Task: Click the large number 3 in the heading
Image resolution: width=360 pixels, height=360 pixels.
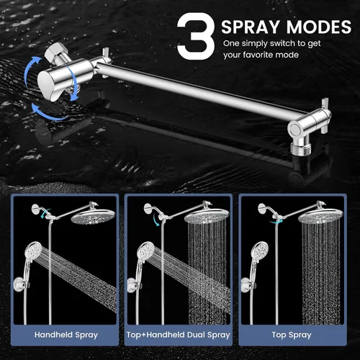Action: point(196,36)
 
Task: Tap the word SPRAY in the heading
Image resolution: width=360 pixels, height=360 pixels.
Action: point(251,27)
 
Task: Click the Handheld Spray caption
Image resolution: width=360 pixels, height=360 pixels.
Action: point(66,335)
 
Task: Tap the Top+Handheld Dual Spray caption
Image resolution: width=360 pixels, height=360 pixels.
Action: point(179,335)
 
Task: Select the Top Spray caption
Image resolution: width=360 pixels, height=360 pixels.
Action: point(292,335)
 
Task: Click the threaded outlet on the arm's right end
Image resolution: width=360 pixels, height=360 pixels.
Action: point(301,148)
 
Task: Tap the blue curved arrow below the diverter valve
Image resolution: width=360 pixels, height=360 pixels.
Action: point(48,113)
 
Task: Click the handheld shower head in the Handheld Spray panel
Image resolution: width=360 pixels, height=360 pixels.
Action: point(33,251)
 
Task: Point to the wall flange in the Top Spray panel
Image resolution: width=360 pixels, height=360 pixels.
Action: point(262,208)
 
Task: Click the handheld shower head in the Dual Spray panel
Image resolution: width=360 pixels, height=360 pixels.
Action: point(145,251)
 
